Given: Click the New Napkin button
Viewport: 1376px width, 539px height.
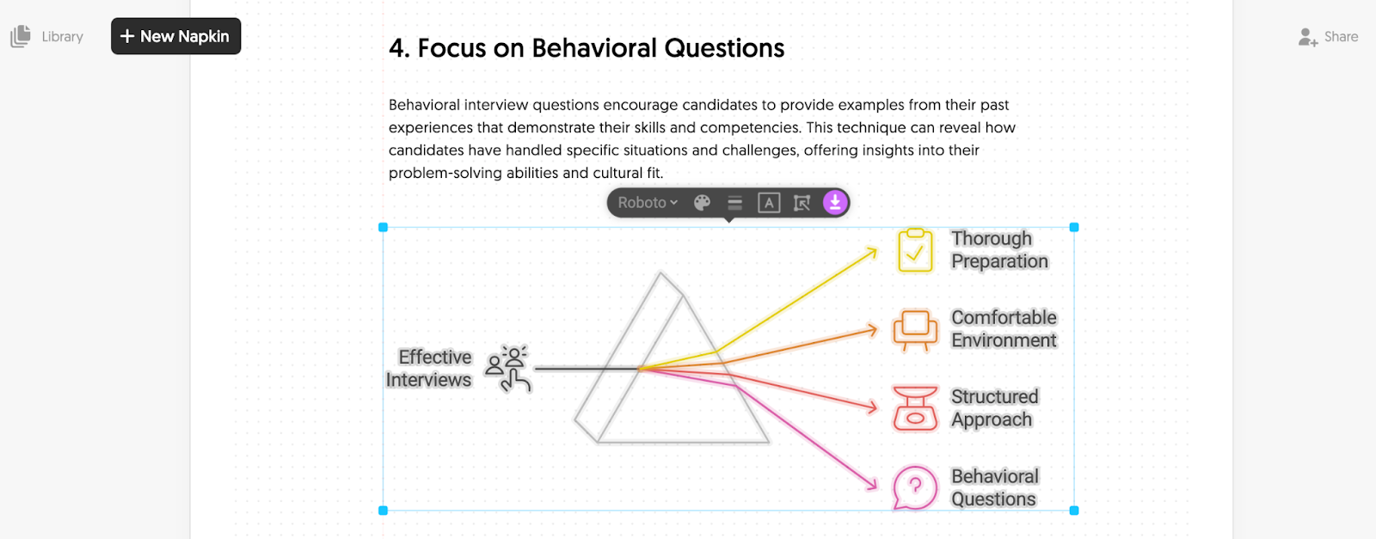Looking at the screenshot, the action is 175,36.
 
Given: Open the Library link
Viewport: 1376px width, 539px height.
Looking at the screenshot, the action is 47,36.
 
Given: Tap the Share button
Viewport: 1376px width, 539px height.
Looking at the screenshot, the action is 1328,37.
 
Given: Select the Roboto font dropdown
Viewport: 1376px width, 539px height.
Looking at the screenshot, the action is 648,203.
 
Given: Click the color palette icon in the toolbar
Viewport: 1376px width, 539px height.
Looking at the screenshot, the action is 702,203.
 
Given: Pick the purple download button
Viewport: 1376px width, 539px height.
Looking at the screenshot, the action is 835,202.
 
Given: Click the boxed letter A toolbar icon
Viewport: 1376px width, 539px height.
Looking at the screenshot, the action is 769,203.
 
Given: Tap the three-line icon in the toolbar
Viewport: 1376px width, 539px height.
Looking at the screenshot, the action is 734,203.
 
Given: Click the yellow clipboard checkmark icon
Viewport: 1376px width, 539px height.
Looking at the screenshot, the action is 915,250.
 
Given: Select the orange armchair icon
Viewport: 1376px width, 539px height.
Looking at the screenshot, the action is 915,330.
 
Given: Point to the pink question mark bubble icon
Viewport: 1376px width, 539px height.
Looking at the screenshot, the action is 915,488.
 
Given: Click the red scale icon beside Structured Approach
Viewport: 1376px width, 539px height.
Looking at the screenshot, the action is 915,408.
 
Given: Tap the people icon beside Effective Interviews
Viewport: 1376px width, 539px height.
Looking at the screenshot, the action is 507,368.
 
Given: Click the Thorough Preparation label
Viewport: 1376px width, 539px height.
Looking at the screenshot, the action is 999,250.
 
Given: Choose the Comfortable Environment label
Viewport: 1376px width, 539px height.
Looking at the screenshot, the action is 1004,329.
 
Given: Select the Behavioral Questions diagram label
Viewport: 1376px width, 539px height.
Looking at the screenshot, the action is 994,487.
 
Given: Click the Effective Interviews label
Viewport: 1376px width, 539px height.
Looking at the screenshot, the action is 429,368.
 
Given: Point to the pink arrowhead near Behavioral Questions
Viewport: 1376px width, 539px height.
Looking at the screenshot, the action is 871,483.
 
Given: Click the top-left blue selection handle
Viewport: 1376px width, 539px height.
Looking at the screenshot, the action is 384,227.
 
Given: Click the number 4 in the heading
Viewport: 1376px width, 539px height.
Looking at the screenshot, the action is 399,48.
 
